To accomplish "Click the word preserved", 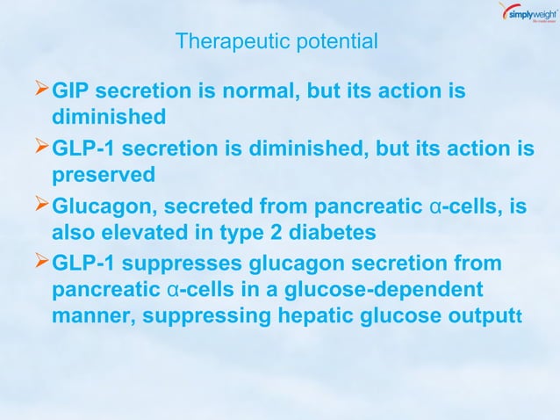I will (x=104, y=175).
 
